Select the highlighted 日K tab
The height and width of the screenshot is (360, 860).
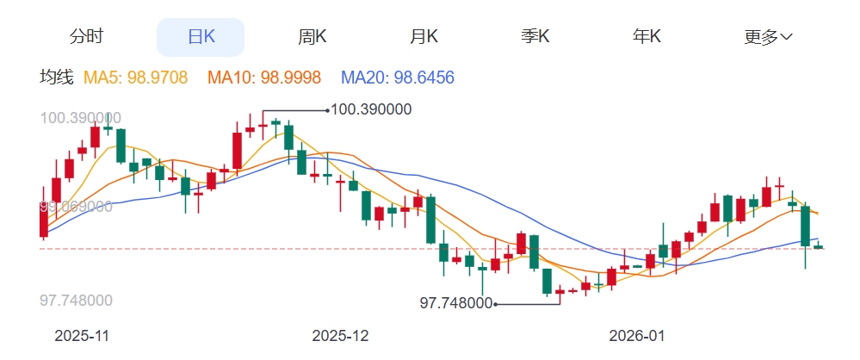pos(201,37)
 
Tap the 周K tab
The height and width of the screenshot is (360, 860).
pos(312,37)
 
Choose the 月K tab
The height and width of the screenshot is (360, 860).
pos(424,37)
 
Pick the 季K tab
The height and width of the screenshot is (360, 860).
pos(535,37)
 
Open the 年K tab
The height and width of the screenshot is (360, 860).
pos(647,37)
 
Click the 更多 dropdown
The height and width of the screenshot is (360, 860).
pos(768,37)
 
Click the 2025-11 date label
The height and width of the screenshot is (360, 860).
pos(82,335)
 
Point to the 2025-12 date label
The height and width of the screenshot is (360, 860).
pos(340,335)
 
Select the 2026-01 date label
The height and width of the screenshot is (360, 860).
pos(636,335)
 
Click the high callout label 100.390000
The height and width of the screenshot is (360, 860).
pos(371,109)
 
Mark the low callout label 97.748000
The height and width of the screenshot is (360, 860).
pos(455,303)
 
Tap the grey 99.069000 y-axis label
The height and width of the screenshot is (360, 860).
pos(76,207)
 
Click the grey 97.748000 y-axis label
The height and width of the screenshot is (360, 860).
pos(76,301)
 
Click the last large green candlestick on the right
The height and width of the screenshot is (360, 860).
pos(806,226)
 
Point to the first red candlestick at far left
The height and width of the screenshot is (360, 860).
pos(44,220)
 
